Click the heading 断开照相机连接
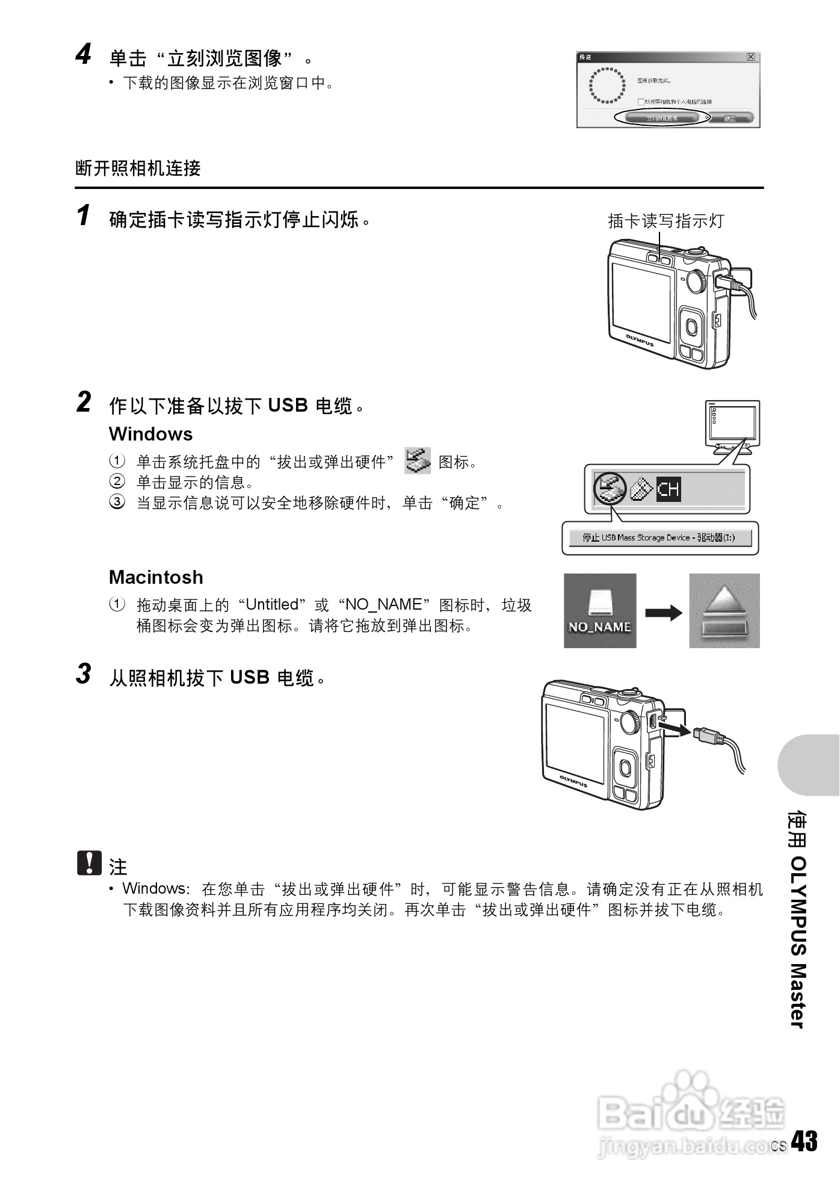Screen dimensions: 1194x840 click(x=138, y=169)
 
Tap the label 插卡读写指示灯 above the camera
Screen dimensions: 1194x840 click(x=666, y=221)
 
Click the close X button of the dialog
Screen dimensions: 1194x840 click(x=750, y=57)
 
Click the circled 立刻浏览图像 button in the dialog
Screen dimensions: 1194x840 click(x=662, y=118)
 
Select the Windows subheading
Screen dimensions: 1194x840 click(x=150, y=434)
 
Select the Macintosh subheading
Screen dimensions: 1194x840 click(x=156, y=577)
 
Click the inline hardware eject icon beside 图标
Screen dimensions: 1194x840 click(x=418, y=461)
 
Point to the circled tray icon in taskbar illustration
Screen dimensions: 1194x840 click(x=610, y=488)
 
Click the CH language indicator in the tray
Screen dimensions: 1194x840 click(x=668, y=489)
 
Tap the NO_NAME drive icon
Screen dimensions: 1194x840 click(x=600, y=610)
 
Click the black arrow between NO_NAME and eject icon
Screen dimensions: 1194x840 click(x=663, y=613)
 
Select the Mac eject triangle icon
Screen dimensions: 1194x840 click(x=724, y=610)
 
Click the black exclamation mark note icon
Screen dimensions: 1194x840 click(x=89, y=863)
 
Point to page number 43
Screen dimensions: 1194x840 click(x=804, y=1141)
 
